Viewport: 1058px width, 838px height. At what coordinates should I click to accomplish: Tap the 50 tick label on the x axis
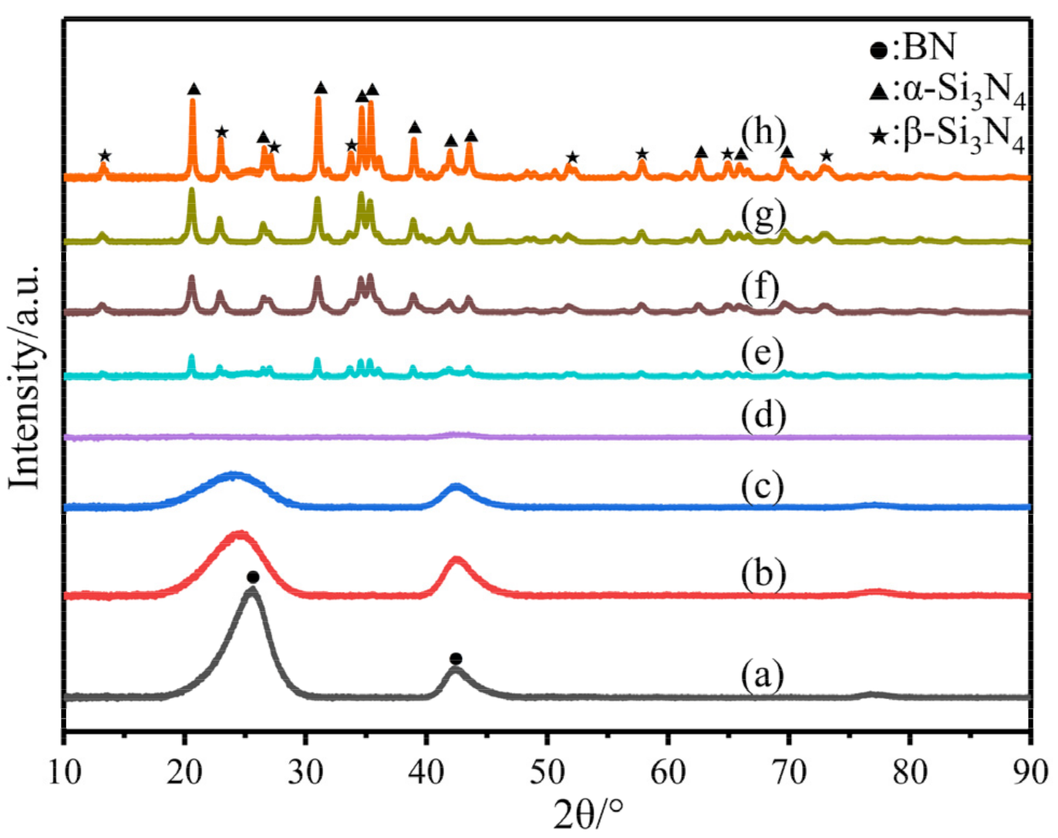tap(547, 772)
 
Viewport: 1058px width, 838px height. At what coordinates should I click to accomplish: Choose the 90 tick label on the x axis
tap(1029, 772)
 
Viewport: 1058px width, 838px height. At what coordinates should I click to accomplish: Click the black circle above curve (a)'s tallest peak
tap(252, 577)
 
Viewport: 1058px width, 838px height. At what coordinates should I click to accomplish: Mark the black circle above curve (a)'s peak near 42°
tap(456, 658)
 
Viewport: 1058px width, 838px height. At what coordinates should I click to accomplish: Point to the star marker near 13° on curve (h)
tap(105, 157)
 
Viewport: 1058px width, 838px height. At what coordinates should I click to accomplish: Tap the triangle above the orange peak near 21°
tap(194, 89)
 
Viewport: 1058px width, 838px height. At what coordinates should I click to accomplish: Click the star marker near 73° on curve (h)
tap(826, 157)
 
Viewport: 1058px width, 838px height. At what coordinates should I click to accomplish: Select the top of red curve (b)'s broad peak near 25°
tap(240, 533)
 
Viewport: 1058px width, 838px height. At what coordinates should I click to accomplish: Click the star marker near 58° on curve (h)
tap(642, 154)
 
